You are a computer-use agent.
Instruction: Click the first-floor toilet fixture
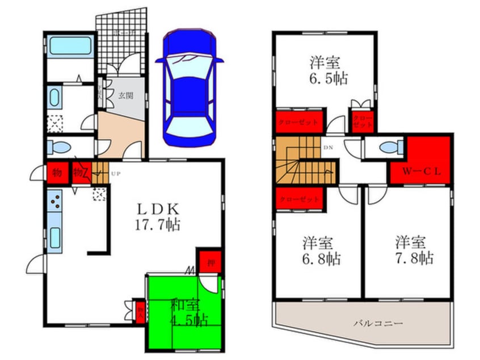coord(57,147)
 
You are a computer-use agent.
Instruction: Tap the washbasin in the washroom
coord(54,98)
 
